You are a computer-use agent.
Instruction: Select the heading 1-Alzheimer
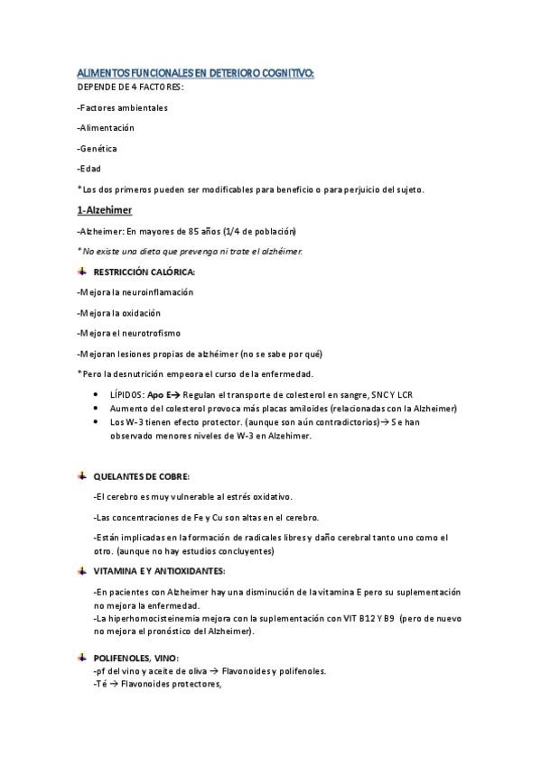pyautogui.click(x=105, y=210)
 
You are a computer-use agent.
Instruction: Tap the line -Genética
pyautogui.click(x=97, y=148)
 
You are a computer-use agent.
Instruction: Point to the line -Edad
pyautogui.click(x=89, y=168)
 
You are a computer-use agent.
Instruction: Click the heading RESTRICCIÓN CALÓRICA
pyautogui.click(x=144, y=272)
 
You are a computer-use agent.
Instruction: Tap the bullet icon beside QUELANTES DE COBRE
pyautogui.click(x=82, y=475)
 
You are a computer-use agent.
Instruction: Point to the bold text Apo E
pyautogui.click(x=159, y=395)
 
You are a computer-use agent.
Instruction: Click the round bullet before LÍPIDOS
pyautogui.click(x=98, y=395)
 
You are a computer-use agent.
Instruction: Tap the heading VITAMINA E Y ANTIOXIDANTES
pyautogui.click(x=159, y=571)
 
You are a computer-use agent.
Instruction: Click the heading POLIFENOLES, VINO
pyautogui.click(x=136, y=659)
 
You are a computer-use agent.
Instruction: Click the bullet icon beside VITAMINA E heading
pyautogui.click(x=82, y=571)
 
